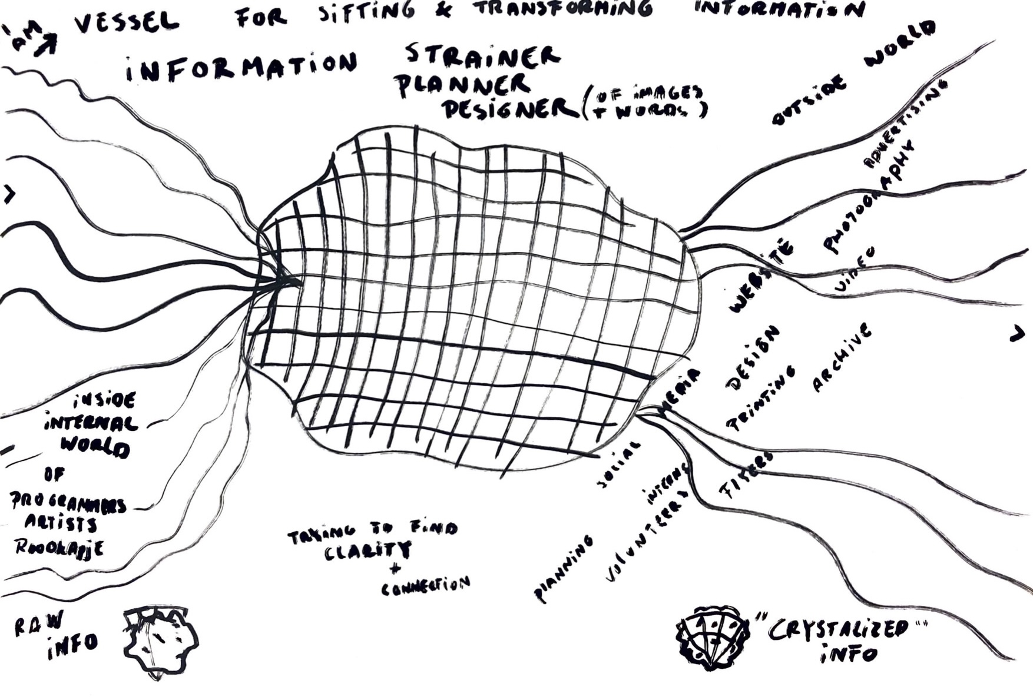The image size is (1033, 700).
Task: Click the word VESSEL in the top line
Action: click(127, 22)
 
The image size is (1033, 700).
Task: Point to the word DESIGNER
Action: click(510, 108)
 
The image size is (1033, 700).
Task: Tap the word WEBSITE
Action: click(760, 276)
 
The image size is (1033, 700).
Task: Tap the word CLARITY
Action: click(369, 551)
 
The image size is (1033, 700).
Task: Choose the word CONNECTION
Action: click(426, 586)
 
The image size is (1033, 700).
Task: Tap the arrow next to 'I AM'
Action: click(45, 45)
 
